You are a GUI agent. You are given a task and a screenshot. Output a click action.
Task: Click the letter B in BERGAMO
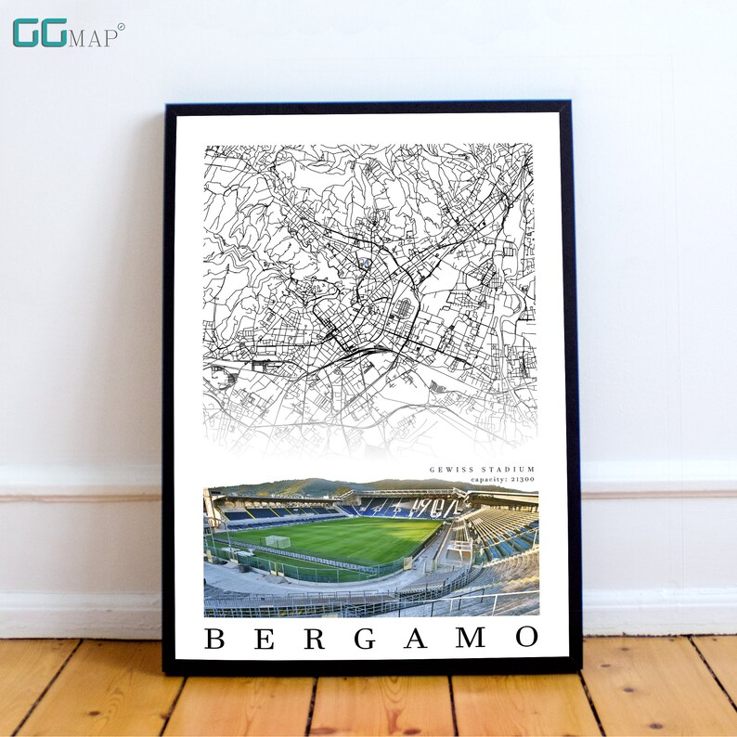click(x=214, y=639)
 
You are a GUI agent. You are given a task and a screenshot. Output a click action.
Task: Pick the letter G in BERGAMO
click(x=366, y=639)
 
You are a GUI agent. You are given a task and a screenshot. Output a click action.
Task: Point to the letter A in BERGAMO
click(x=416, y=639)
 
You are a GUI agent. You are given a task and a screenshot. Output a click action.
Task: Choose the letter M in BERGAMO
click(x=470, y=639)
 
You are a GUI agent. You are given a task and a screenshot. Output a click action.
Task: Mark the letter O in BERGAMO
click(x=526, y=639)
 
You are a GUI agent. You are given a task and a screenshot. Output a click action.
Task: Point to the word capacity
click(x=488, y=479)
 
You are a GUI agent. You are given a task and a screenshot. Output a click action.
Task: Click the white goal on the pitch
click(x=278, y=541)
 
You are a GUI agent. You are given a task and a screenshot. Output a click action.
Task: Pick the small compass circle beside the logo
click(x=121, y=27)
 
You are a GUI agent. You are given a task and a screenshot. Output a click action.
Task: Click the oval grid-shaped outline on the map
click(x=403, y=307)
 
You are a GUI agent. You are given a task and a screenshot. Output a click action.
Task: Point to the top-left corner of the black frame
click(x=166, y=105)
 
